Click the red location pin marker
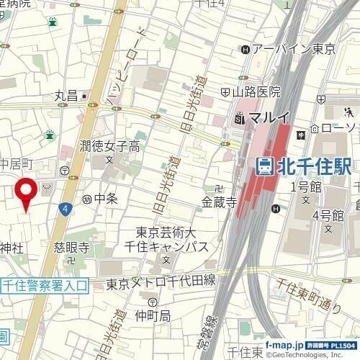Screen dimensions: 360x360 [x=27, y=191]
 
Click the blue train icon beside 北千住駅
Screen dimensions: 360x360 [x=265, y=166]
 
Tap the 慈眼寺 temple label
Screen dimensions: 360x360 [x=71, y=247]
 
